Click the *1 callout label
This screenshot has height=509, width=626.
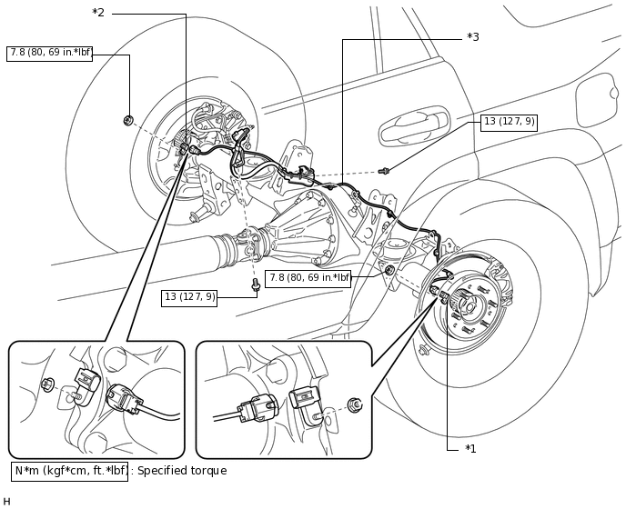[x=470, y=449]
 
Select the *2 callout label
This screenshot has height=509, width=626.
[x=98, y=13]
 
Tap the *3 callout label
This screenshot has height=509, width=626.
[x=473, y=37]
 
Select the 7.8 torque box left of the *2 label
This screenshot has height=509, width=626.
[x=49, y=54]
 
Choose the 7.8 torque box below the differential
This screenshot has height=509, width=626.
[x=308, y=278]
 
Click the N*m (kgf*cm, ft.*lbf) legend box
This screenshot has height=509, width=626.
[x=69, y=471]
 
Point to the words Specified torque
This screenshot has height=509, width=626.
[x=182, y=471]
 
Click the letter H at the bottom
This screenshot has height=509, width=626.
[x=6, y=502]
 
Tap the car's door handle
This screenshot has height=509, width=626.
[x=414, y=125]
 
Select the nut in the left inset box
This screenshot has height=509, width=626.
[x=46, y=384]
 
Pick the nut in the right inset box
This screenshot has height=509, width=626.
[x=355, y=404]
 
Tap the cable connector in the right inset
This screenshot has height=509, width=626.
[x=257, y=408]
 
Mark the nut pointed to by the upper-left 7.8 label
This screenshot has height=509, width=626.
[x=128, y=119]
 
